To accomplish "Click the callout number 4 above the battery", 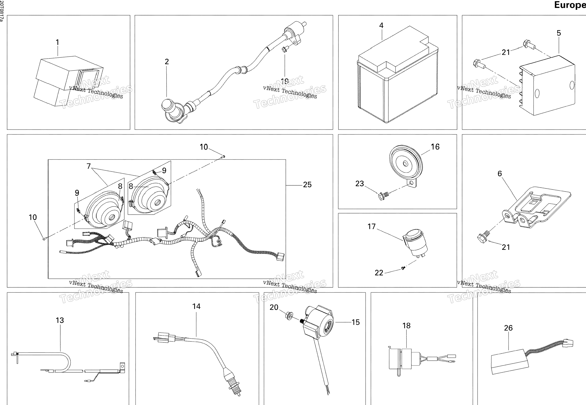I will [x=381, y=25].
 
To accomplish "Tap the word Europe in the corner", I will [x=570, y=5].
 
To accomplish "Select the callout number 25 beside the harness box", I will [x=307, y=185].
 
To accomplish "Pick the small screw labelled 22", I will [x=403, y=268].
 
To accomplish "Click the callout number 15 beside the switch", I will [x=356, y=322].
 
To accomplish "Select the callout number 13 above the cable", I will [x=60, y=320].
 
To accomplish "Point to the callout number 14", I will [x=196, y=307].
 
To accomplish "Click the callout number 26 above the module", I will [x=508, y=328].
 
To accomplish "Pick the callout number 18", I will [x=406, y=326].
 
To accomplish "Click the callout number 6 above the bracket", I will [x=500, y=173].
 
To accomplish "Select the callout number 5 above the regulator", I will [x=559, y=33].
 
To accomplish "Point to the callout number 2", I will [x=167, y=62].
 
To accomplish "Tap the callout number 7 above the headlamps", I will [x=88, y=166].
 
